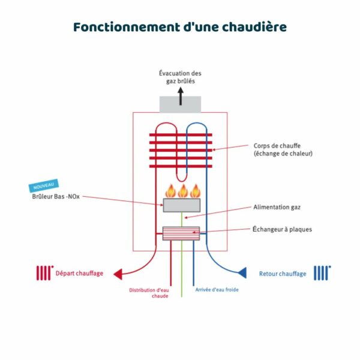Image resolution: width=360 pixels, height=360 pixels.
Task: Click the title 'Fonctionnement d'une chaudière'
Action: [x=179, y=28]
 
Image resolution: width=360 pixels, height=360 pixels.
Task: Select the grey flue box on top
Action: [x=180, y=104]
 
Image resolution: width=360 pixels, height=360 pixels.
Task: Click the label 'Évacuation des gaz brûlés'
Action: [x=180, y=77]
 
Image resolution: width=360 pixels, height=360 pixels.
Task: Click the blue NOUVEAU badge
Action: [x=43, y=186]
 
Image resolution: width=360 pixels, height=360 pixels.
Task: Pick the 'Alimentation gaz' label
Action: [x=277, y=207]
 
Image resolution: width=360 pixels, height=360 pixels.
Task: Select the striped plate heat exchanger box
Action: [x=181, y=233]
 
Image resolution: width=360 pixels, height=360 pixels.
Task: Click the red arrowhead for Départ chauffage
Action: [x=119, y=274]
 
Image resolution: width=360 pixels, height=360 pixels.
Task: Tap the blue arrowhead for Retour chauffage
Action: [x=242, y=273]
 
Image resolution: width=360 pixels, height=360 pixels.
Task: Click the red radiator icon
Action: [x=44, y=273]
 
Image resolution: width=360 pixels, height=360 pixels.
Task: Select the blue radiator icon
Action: [x=322, y=273]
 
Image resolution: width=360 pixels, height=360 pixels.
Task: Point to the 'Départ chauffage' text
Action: [x=79, y=274]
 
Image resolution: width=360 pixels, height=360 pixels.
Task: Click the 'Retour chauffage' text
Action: [x=283, y=274]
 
